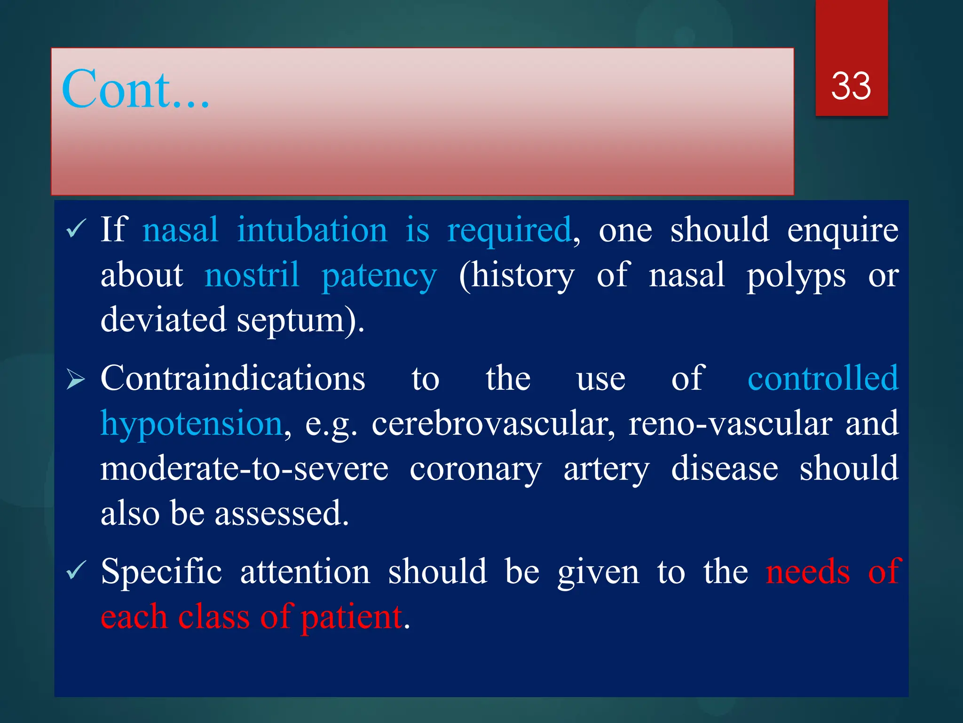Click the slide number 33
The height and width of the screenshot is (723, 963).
[851, 86]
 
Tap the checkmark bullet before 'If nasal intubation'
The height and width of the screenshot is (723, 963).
[75, 229]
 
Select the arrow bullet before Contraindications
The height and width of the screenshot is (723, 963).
[75, 379]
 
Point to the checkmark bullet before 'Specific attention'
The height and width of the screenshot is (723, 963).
[75, 570]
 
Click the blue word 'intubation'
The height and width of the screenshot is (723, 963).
[312, 230]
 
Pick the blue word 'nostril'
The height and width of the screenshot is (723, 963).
[252, 275]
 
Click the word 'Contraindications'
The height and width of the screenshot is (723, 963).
[233, 378]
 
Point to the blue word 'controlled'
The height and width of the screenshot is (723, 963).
[823, 378]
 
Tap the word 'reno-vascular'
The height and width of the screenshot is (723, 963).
[730, 424]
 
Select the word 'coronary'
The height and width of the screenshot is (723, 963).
[475, 470]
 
